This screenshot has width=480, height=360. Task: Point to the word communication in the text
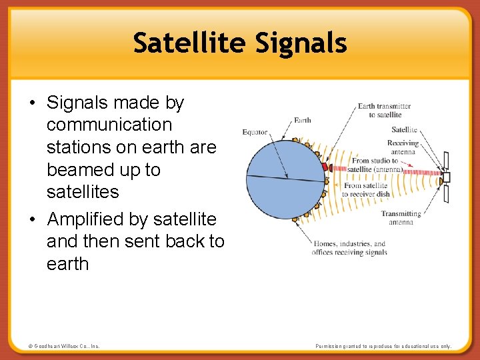(x=109, y=125)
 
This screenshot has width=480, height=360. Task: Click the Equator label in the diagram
(x=255, y=132)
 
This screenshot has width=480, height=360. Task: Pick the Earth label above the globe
(x=302, y=121)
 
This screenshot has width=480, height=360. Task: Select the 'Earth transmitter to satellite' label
(x=384, y=110)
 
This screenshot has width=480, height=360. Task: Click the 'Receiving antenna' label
(x=403, y=147)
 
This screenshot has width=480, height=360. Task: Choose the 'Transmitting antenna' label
(x=401, y=218)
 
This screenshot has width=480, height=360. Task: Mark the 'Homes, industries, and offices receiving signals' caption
(x=349, y=248)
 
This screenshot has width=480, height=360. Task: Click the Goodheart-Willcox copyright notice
(x=64, y=347)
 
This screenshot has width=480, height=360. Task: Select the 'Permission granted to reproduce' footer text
(x=383, y=347)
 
